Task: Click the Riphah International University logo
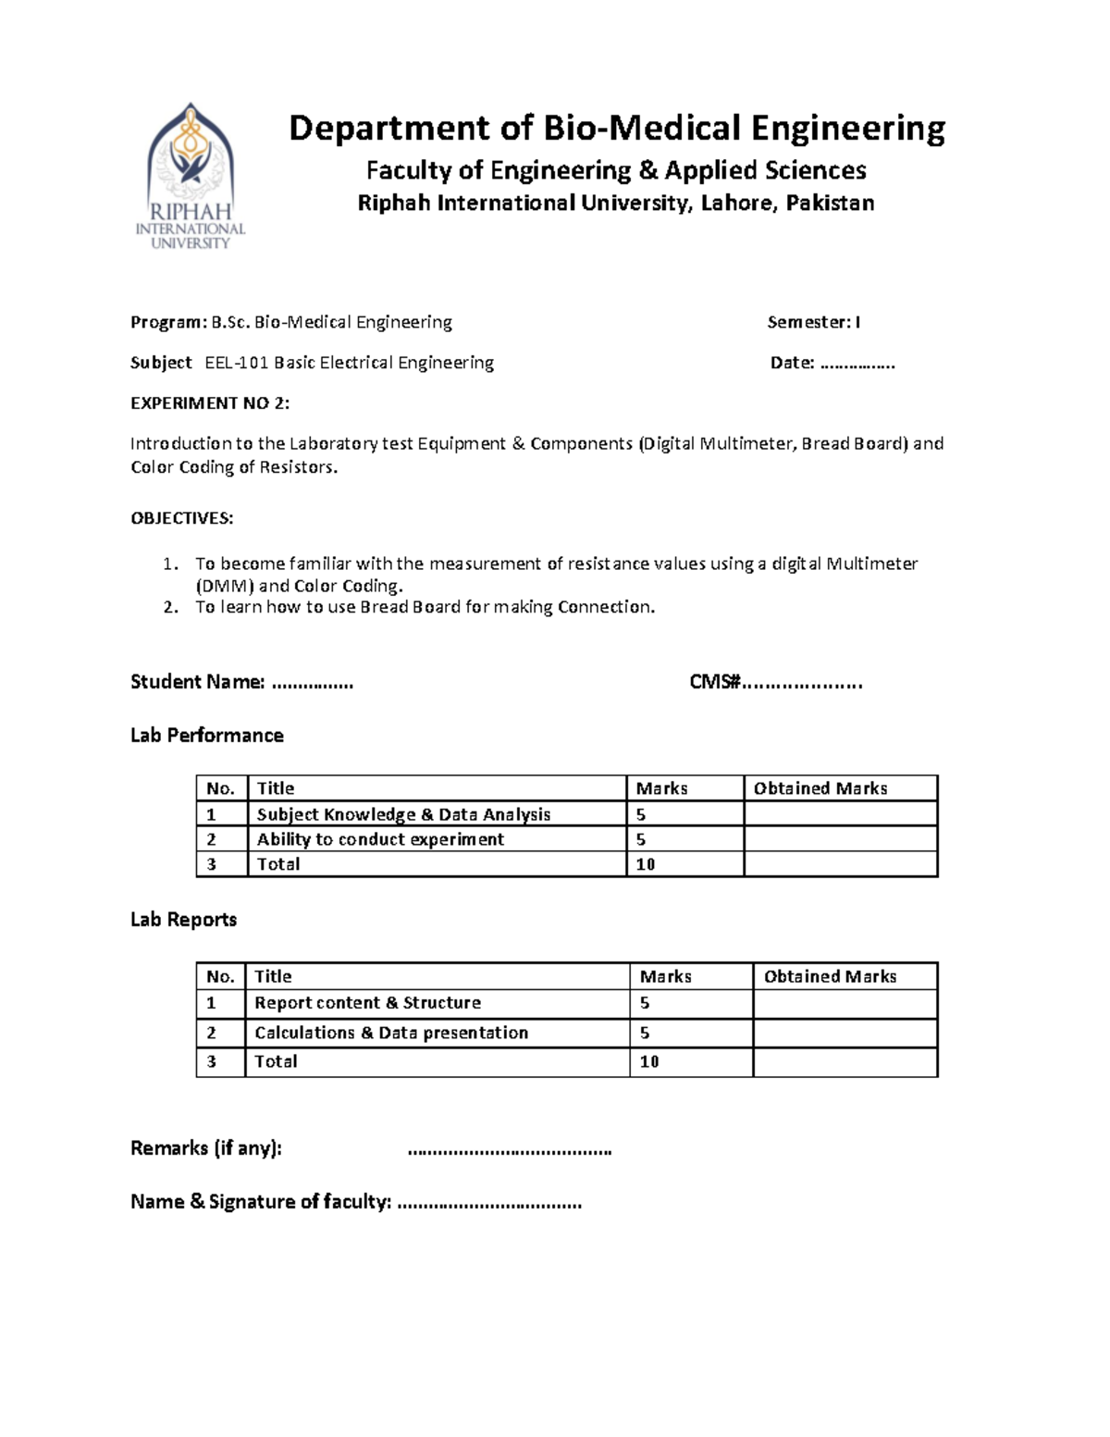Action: pyautogui.click(x=191, y=176)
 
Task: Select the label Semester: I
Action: pyautogui.click(x=813, y=322)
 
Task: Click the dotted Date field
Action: pyautogui.click(x=857, y=364)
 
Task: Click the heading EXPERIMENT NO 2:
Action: pyautogui.click(x=210, y=403)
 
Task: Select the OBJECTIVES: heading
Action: pyautogui.click(x=181, y=518)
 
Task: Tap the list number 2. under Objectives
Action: pyautogui.click(x=170, y=608)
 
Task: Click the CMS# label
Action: pyautogui.click(x=715, y=683)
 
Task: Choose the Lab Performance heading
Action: pyautogui.click(x=206, y=736)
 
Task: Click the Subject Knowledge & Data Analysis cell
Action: pyautogui.click(x=403, y=814)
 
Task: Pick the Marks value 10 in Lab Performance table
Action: pyautogui.click(x=646, y=864)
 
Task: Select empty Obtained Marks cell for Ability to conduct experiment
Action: pyautogui.click(x=840, y=839)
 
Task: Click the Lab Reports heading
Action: pyautogui.click(x=183, y=920)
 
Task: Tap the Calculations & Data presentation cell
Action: pyautogui.click(x=391, y=1033)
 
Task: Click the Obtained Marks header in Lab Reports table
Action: pyautogui.click(x=830, y=976)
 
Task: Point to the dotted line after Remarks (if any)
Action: pyautogui.click(x=509, y=1150)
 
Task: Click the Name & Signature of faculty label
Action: pyautogui.click(x=261, y=1202)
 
